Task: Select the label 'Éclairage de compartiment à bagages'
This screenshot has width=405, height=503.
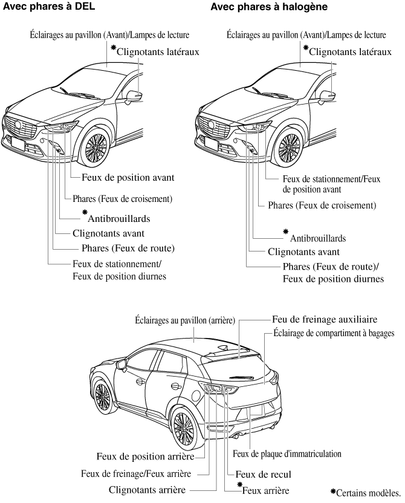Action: coord(334,333)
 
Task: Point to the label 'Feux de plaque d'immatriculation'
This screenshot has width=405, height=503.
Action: coord(287,453)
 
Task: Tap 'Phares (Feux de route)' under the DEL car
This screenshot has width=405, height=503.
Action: coord(128,248)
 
